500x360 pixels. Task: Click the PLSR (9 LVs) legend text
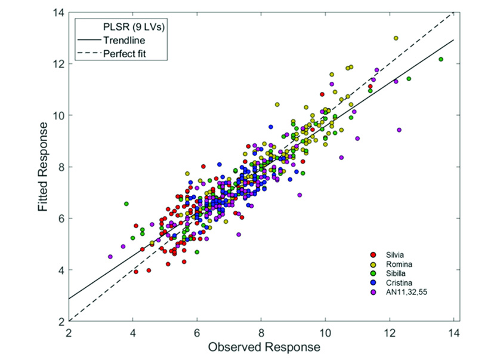[x=128, y=27]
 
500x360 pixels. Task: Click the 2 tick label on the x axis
[x=69, y=332]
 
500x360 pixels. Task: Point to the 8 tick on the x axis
[x=261, y=332]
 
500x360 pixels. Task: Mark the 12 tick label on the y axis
[x=58, y=63]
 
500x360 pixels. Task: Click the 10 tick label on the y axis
[x=58, y=115]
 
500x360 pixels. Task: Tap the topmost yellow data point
[x=396, y=38]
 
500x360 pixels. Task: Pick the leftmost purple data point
[x=110, y=257]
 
